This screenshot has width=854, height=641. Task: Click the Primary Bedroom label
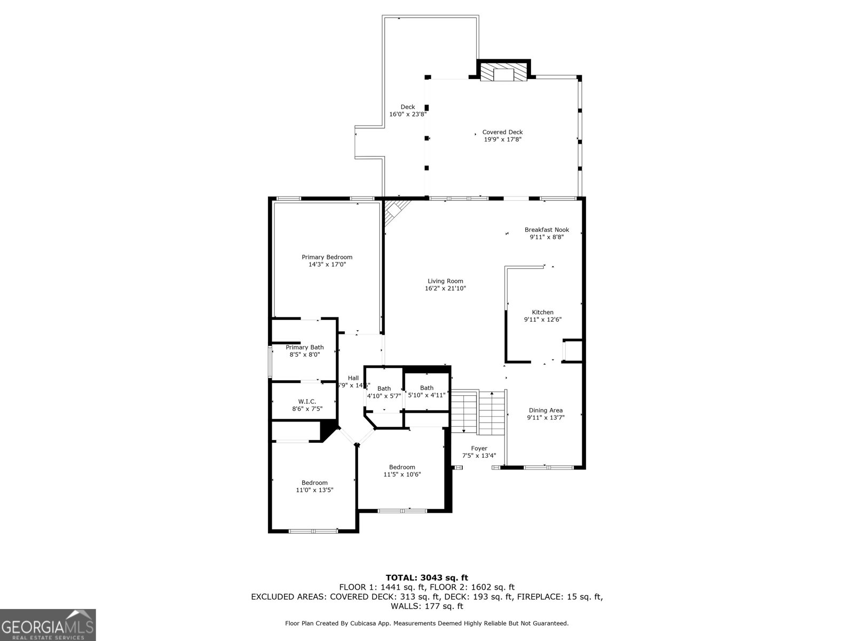327,257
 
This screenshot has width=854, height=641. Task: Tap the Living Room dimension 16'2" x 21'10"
445,288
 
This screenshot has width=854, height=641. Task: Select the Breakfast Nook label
547,230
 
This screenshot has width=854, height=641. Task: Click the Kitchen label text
542,312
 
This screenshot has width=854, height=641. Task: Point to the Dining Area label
545,410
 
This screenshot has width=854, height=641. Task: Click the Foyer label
479,449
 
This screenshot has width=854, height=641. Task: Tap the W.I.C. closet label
307,401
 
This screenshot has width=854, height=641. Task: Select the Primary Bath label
304,347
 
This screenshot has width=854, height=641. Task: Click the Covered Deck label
502,132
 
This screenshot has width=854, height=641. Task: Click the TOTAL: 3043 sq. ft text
426,577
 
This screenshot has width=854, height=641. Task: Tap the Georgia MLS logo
48,624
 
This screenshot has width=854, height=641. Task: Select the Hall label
353,378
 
